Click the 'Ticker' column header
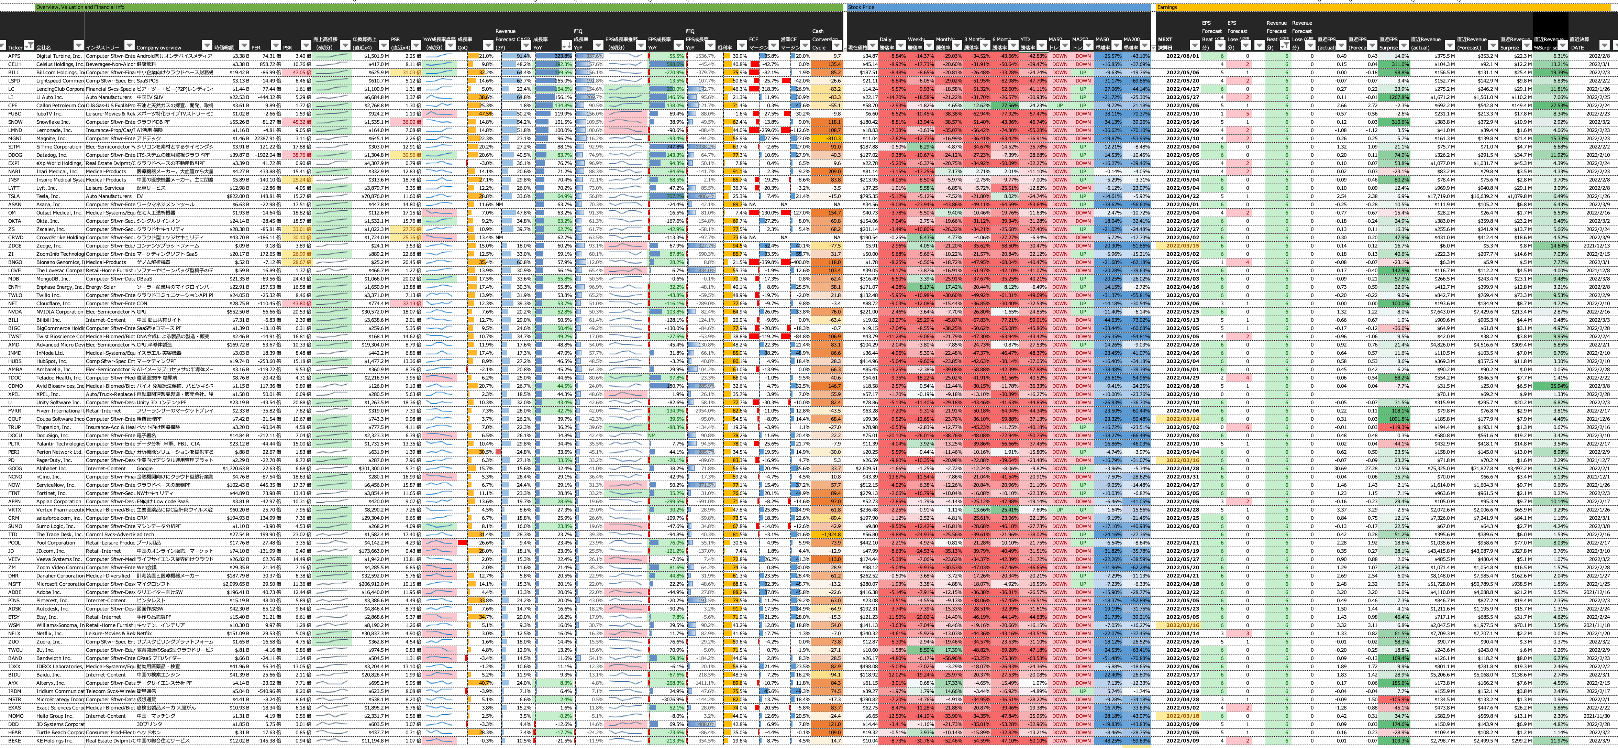point(15,47)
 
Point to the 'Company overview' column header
point(158,47)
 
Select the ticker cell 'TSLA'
point(14,196)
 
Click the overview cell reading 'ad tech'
point(144,535)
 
